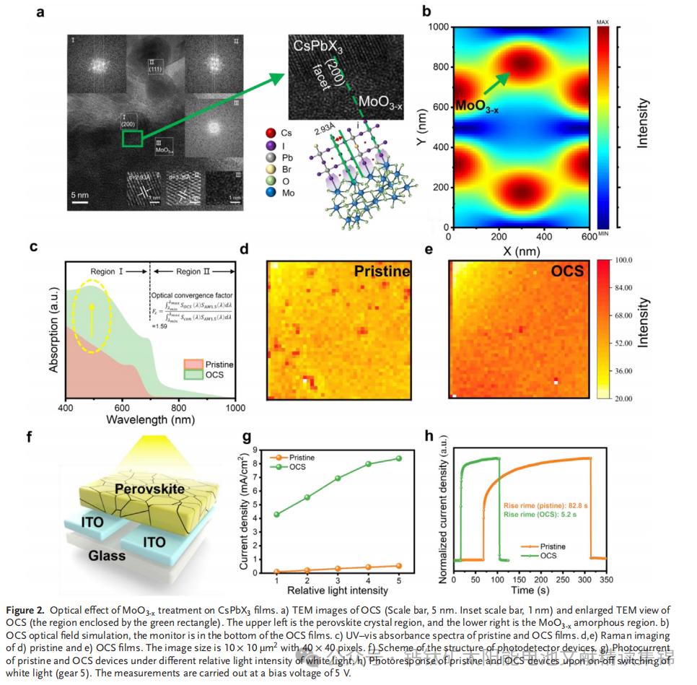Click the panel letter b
coord(426,12)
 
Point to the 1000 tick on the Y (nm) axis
coord(436,27)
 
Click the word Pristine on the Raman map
coord(381,271)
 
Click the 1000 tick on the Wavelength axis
coord(235,408)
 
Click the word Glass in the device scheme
coord(106,555)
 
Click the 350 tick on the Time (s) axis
coord(607,579)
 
